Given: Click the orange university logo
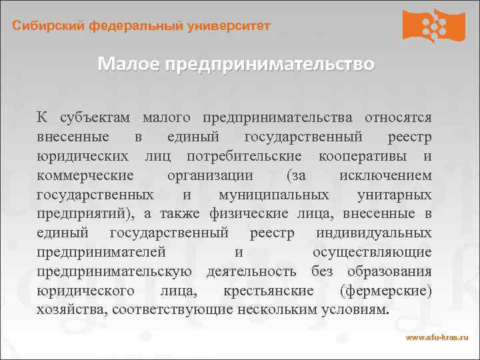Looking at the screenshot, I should pos(433,25).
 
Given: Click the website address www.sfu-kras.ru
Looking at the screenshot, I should pos(437,339).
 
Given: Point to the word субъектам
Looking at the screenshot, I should pos(97,117).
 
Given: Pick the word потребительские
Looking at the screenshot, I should pos(244,156).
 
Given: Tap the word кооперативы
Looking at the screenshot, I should pos(364,156).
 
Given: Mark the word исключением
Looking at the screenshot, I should pos(385,175).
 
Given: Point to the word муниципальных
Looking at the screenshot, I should pos(273,195).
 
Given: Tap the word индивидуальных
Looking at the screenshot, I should pos(374,233).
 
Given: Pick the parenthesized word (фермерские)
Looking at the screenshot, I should pos(385,291).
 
